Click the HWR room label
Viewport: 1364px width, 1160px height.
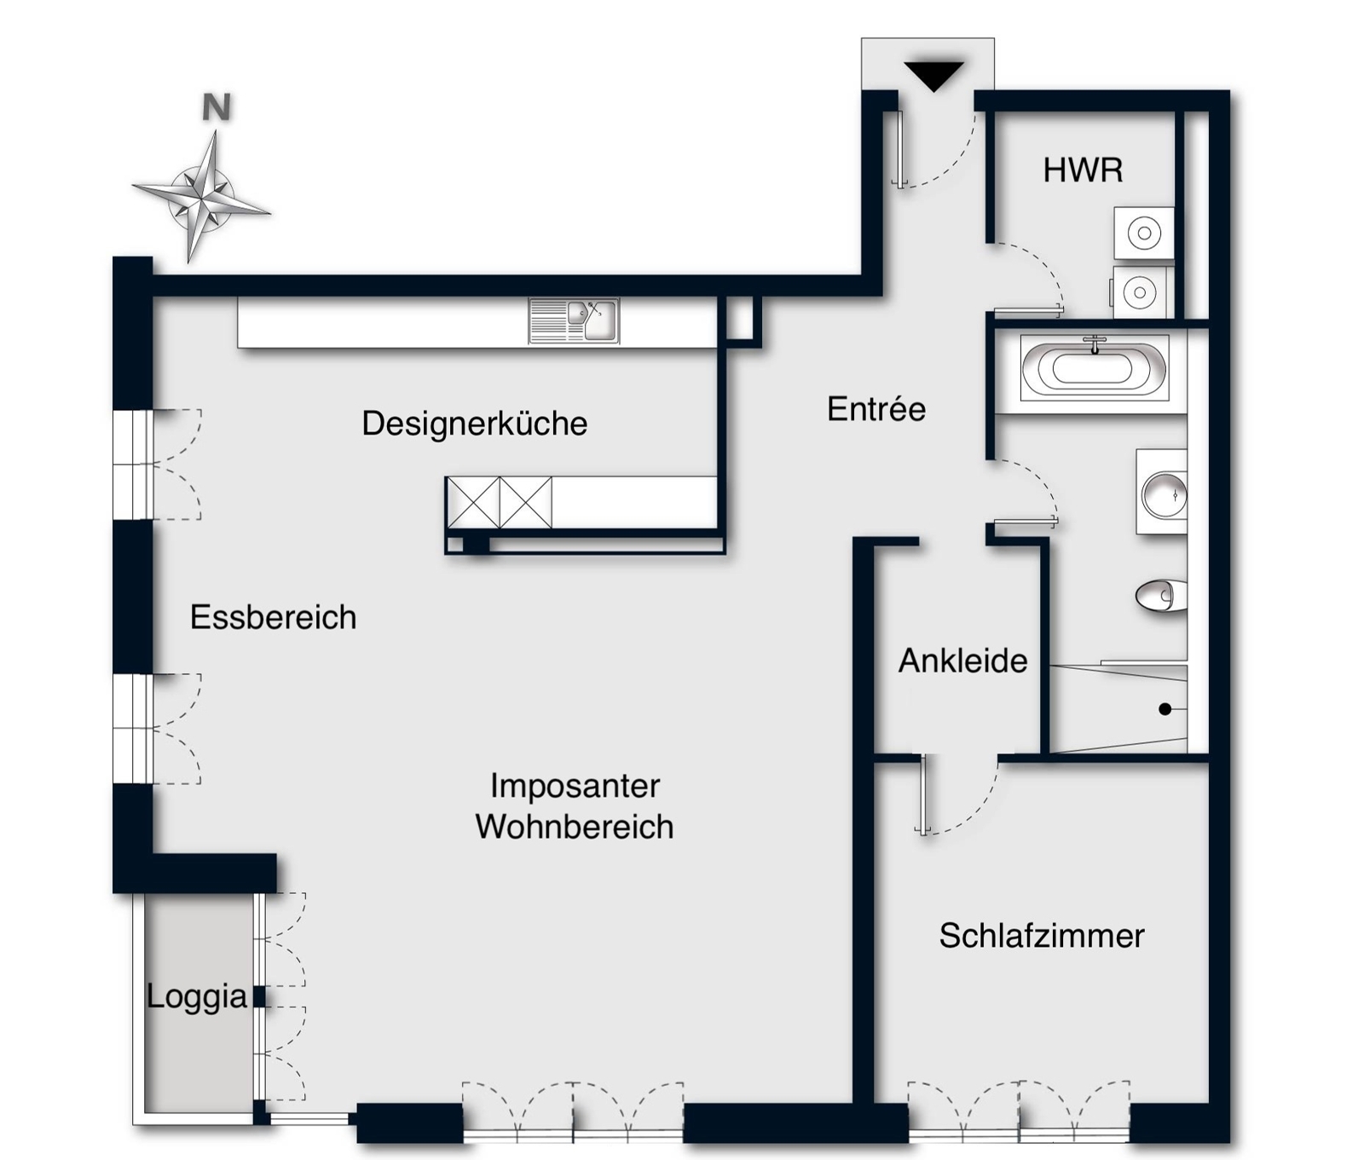point(1083,170)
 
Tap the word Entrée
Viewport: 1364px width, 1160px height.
point(876,409)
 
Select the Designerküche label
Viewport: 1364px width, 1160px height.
point(475,424)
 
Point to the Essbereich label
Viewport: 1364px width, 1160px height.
point(273,617)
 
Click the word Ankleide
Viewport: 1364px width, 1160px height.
point(963,661)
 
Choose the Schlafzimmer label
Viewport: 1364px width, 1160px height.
point(1042,936)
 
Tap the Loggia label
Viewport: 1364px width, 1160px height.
point(196,996)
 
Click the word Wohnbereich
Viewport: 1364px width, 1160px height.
point(575,827)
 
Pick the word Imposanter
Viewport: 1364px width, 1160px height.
point(575,786)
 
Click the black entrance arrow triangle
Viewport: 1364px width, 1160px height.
point(934,75)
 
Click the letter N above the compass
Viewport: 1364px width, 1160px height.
point(217,107)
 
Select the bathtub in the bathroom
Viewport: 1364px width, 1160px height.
point(1094,368)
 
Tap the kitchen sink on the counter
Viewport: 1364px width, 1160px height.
point(574,320)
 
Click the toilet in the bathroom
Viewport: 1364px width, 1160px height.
point(1161,596)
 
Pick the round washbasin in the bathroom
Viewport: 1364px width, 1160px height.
point(1164,494)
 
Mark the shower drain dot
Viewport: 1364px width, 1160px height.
point(1165,709)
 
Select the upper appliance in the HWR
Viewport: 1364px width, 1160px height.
point(1144,233)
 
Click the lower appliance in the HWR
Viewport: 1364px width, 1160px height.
point(1141,292)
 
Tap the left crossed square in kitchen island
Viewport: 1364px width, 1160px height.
point(473,503)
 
